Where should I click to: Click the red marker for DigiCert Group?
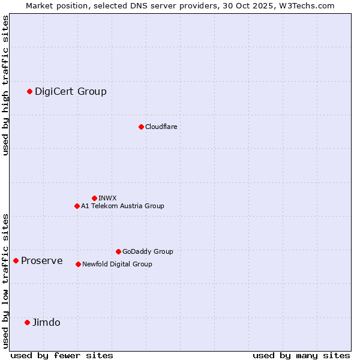(x=29, y=91)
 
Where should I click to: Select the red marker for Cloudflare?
(x=141, y=127)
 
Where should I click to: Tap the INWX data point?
(x=94, y=198)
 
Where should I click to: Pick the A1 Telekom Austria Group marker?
(x=77, y=206)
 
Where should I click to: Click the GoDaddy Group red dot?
(x=118, y=251)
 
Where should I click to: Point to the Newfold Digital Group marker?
(x=78, y=264)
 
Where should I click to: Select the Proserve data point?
(x=16, y=260)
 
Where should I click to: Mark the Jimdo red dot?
(x=27, y=322)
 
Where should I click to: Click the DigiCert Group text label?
(x=71, y=91)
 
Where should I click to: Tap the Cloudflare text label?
(x=161, y=127)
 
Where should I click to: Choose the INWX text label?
(x=107, y=198)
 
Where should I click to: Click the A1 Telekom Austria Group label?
(x=122, y=206)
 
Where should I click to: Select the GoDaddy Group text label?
(x=148, y=251)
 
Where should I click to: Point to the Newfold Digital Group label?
(x=117, y=264)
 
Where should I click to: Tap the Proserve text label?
(x=42, y=260)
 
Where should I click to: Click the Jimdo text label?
(x=46, y=322)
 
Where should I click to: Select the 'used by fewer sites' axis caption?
(x=62, y=355)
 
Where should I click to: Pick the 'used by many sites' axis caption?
(x=301, y=355)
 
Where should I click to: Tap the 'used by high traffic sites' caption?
(x=5, y=85)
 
